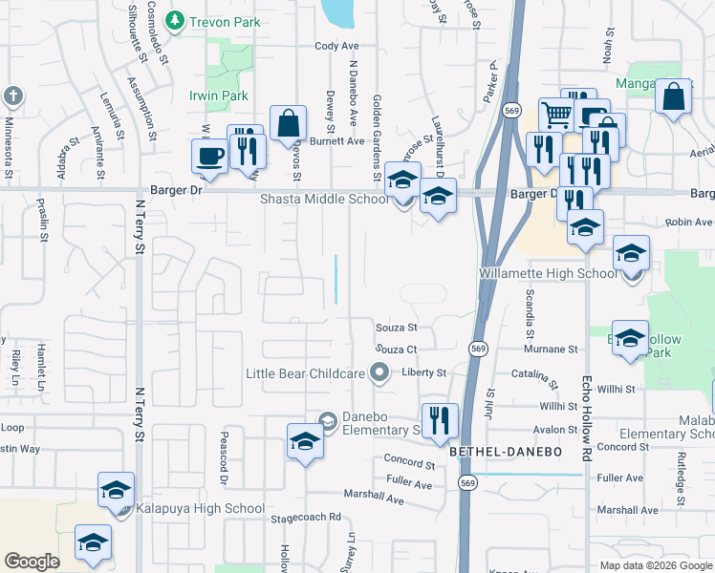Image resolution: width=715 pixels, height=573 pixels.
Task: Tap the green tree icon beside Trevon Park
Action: [x=175, y=19]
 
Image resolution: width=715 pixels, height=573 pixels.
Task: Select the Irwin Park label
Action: [x=219, y=96]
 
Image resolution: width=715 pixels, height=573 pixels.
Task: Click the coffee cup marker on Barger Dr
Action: [x=208, y=155]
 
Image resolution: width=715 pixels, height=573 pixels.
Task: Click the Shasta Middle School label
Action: [x=324, y=200]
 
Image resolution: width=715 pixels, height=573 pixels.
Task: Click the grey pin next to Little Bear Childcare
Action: [x=380, y=373]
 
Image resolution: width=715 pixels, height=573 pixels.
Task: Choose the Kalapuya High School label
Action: [x=200, y=509]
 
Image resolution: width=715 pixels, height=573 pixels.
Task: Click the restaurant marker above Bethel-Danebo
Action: [x=440, y=418]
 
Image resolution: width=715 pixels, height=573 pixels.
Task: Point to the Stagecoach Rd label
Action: [x=305, y=518]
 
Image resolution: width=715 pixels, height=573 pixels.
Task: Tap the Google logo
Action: [x=32, y=562]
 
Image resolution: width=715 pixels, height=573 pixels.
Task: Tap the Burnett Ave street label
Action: [x=343, y=140]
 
